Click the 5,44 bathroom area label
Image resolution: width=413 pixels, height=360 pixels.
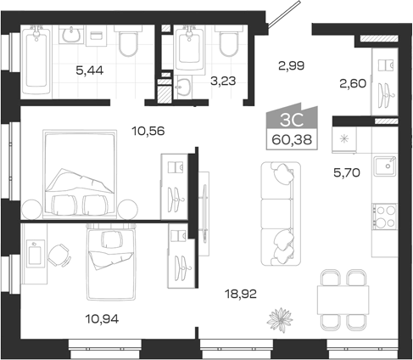(90, 70)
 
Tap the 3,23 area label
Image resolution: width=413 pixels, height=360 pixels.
(223, 81)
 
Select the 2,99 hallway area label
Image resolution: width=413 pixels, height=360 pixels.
(292, 65)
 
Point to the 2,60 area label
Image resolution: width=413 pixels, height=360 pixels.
(353, 83)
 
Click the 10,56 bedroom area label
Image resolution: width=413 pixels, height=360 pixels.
(148, 131)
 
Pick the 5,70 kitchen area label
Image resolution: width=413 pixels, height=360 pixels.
(347, 172)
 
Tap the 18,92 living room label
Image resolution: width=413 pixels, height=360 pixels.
(241, 294)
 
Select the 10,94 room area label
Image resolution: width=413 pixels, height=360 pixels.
(102, 319)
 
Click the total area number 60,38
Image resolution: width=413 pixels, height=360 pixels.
(292, 139)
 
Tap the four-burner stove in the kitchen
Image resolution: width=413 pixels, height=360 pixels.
(384, 217)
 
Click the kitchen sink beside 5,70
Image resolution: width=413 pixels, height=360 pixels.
(385, 166)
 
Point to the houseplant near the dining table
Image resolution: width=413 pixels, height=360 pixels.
(280, 319)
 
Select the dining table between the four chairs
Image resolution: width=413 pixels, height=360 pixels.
(343, 300)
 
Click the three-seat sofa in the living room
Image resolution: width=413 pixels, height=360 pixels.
(281, 214)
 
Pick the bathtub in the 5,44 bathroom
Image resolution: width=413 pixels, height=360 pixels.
(36, 62)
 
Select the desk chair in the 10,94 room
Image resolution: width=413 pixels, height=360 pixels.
(59, 256)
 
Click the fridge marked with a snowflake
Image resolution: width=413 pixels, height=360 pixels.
(344, 140)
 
